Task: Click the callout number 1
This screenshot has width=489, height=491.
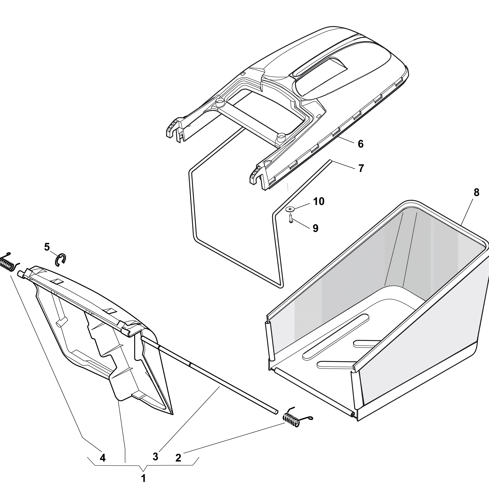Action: [144, 478]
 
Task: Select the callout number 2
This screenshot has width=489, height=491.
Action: [178, 458]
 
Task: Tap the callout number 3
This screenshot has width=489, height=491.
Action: [155, 456]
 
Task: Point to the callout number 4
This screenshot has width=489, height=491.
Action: [103, 458]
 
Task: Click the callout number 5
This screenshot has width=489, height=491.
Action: [47, 247]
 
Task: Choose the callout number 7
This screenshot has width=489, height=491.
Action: [361, 168]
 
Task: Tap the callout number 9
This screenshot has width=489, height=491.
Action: [315, 228]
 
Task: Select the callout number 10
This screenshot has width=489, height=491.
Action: [319, 201]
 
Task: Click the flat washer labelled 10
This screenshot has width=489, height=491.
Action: [290, 209]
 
